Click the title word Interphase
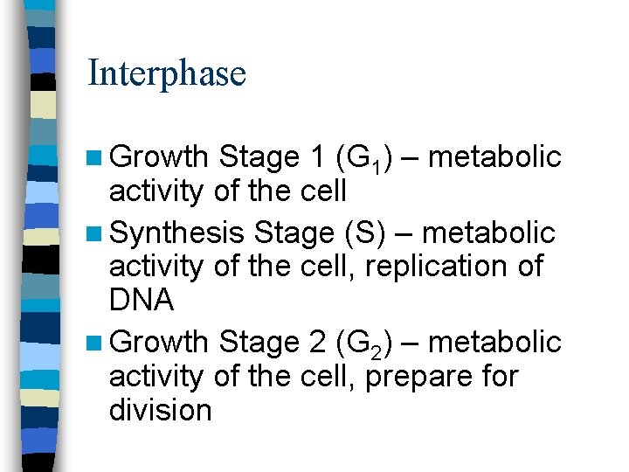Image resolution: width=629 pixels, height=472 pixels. click(x=167, y=73)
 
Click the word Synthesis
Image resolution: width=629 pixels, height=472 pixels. click(x=177, y=233)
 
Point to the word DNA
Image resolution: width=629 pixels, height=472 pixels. click(x=141, y=301)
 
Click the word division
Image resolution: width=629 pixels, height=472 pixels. click(x=160, y=409)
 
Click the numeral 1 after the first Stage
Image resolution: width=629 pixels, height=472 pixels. click(x=318, y=157)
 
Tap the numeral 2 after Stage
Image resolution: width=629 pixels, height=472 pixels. click(x=318, y=340)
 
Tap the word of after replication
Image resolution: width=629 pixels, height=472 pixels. click(x=527, y=265)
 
